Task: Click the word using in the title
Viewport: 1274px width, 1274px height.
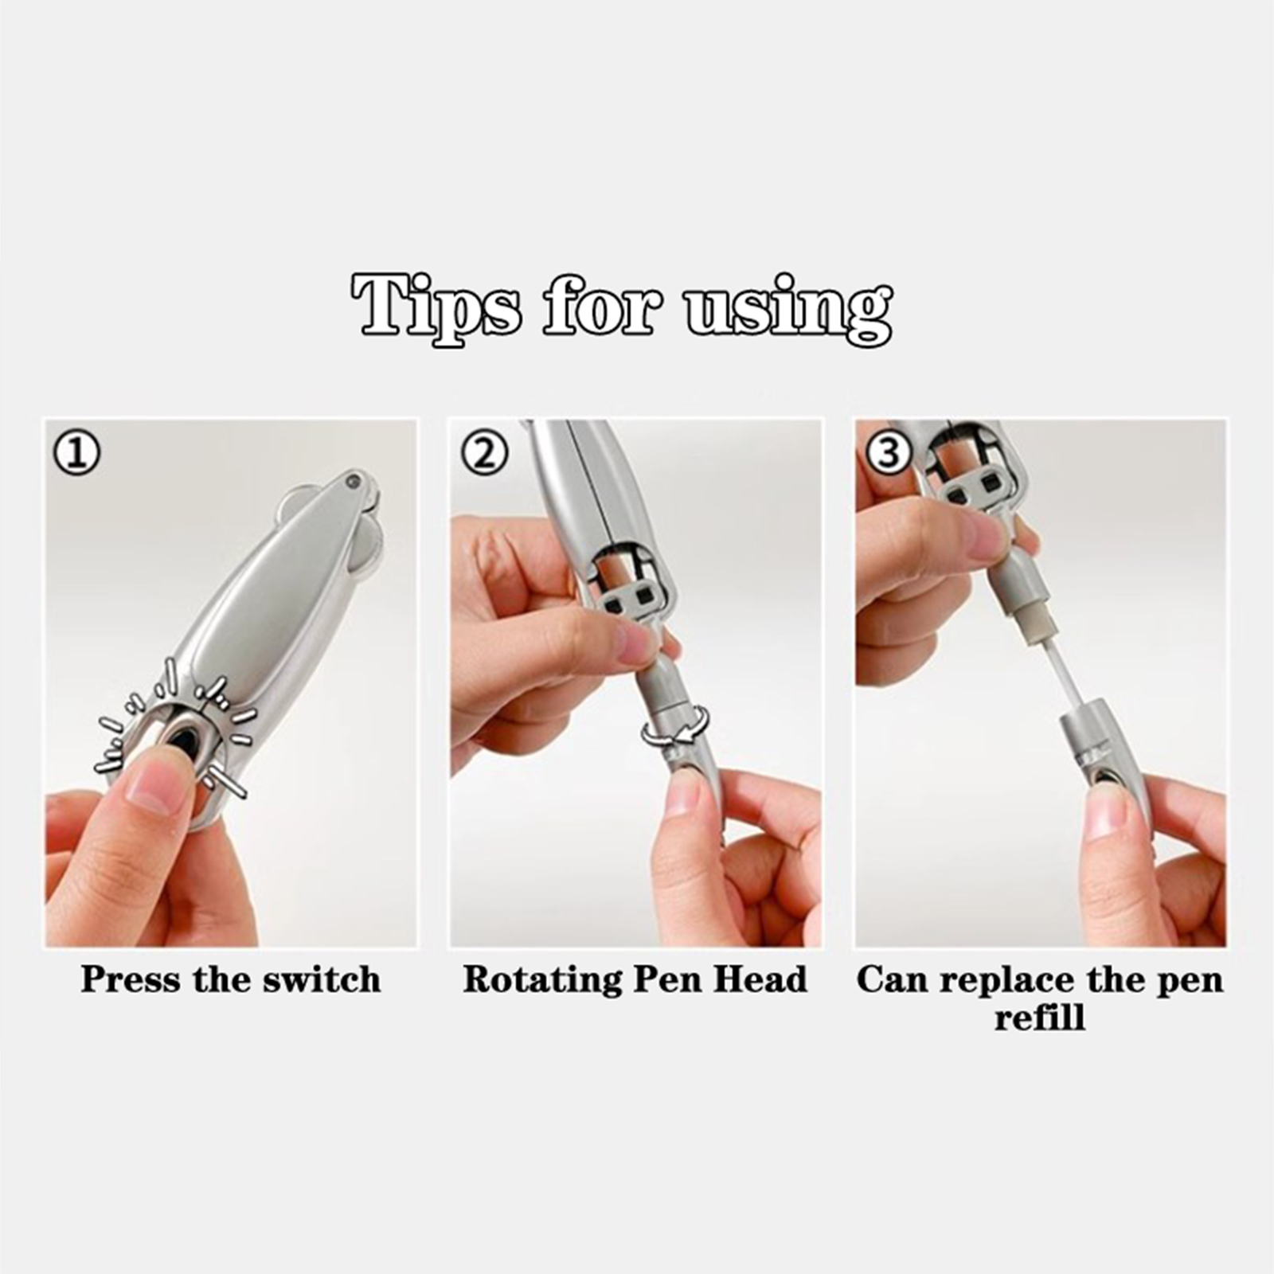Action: coord(788,310)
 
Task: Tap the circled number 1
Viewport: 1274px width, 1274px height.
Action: coord(76,453)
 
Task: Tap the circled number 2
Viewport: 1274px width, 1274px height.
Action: coord(483,453)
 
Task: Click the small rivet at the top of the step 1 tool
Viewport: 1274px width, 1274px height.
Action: coord(351,480)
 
